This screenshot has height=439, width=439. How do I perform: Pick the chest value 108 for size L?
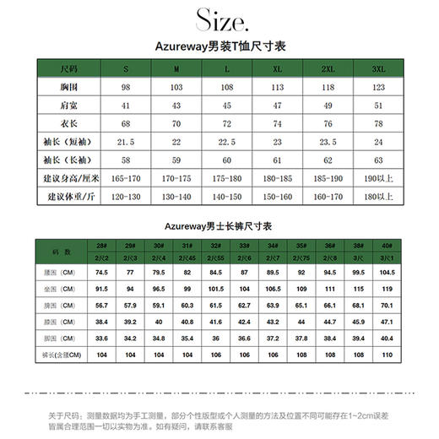(227, 87)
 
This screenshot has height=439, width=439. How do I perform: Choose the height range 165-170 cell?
(126, 178)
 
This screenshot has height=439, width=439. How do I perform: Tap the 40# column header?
(387, 245)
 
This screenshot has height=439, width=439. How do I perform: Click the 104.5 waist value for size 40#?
(387, 273)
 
